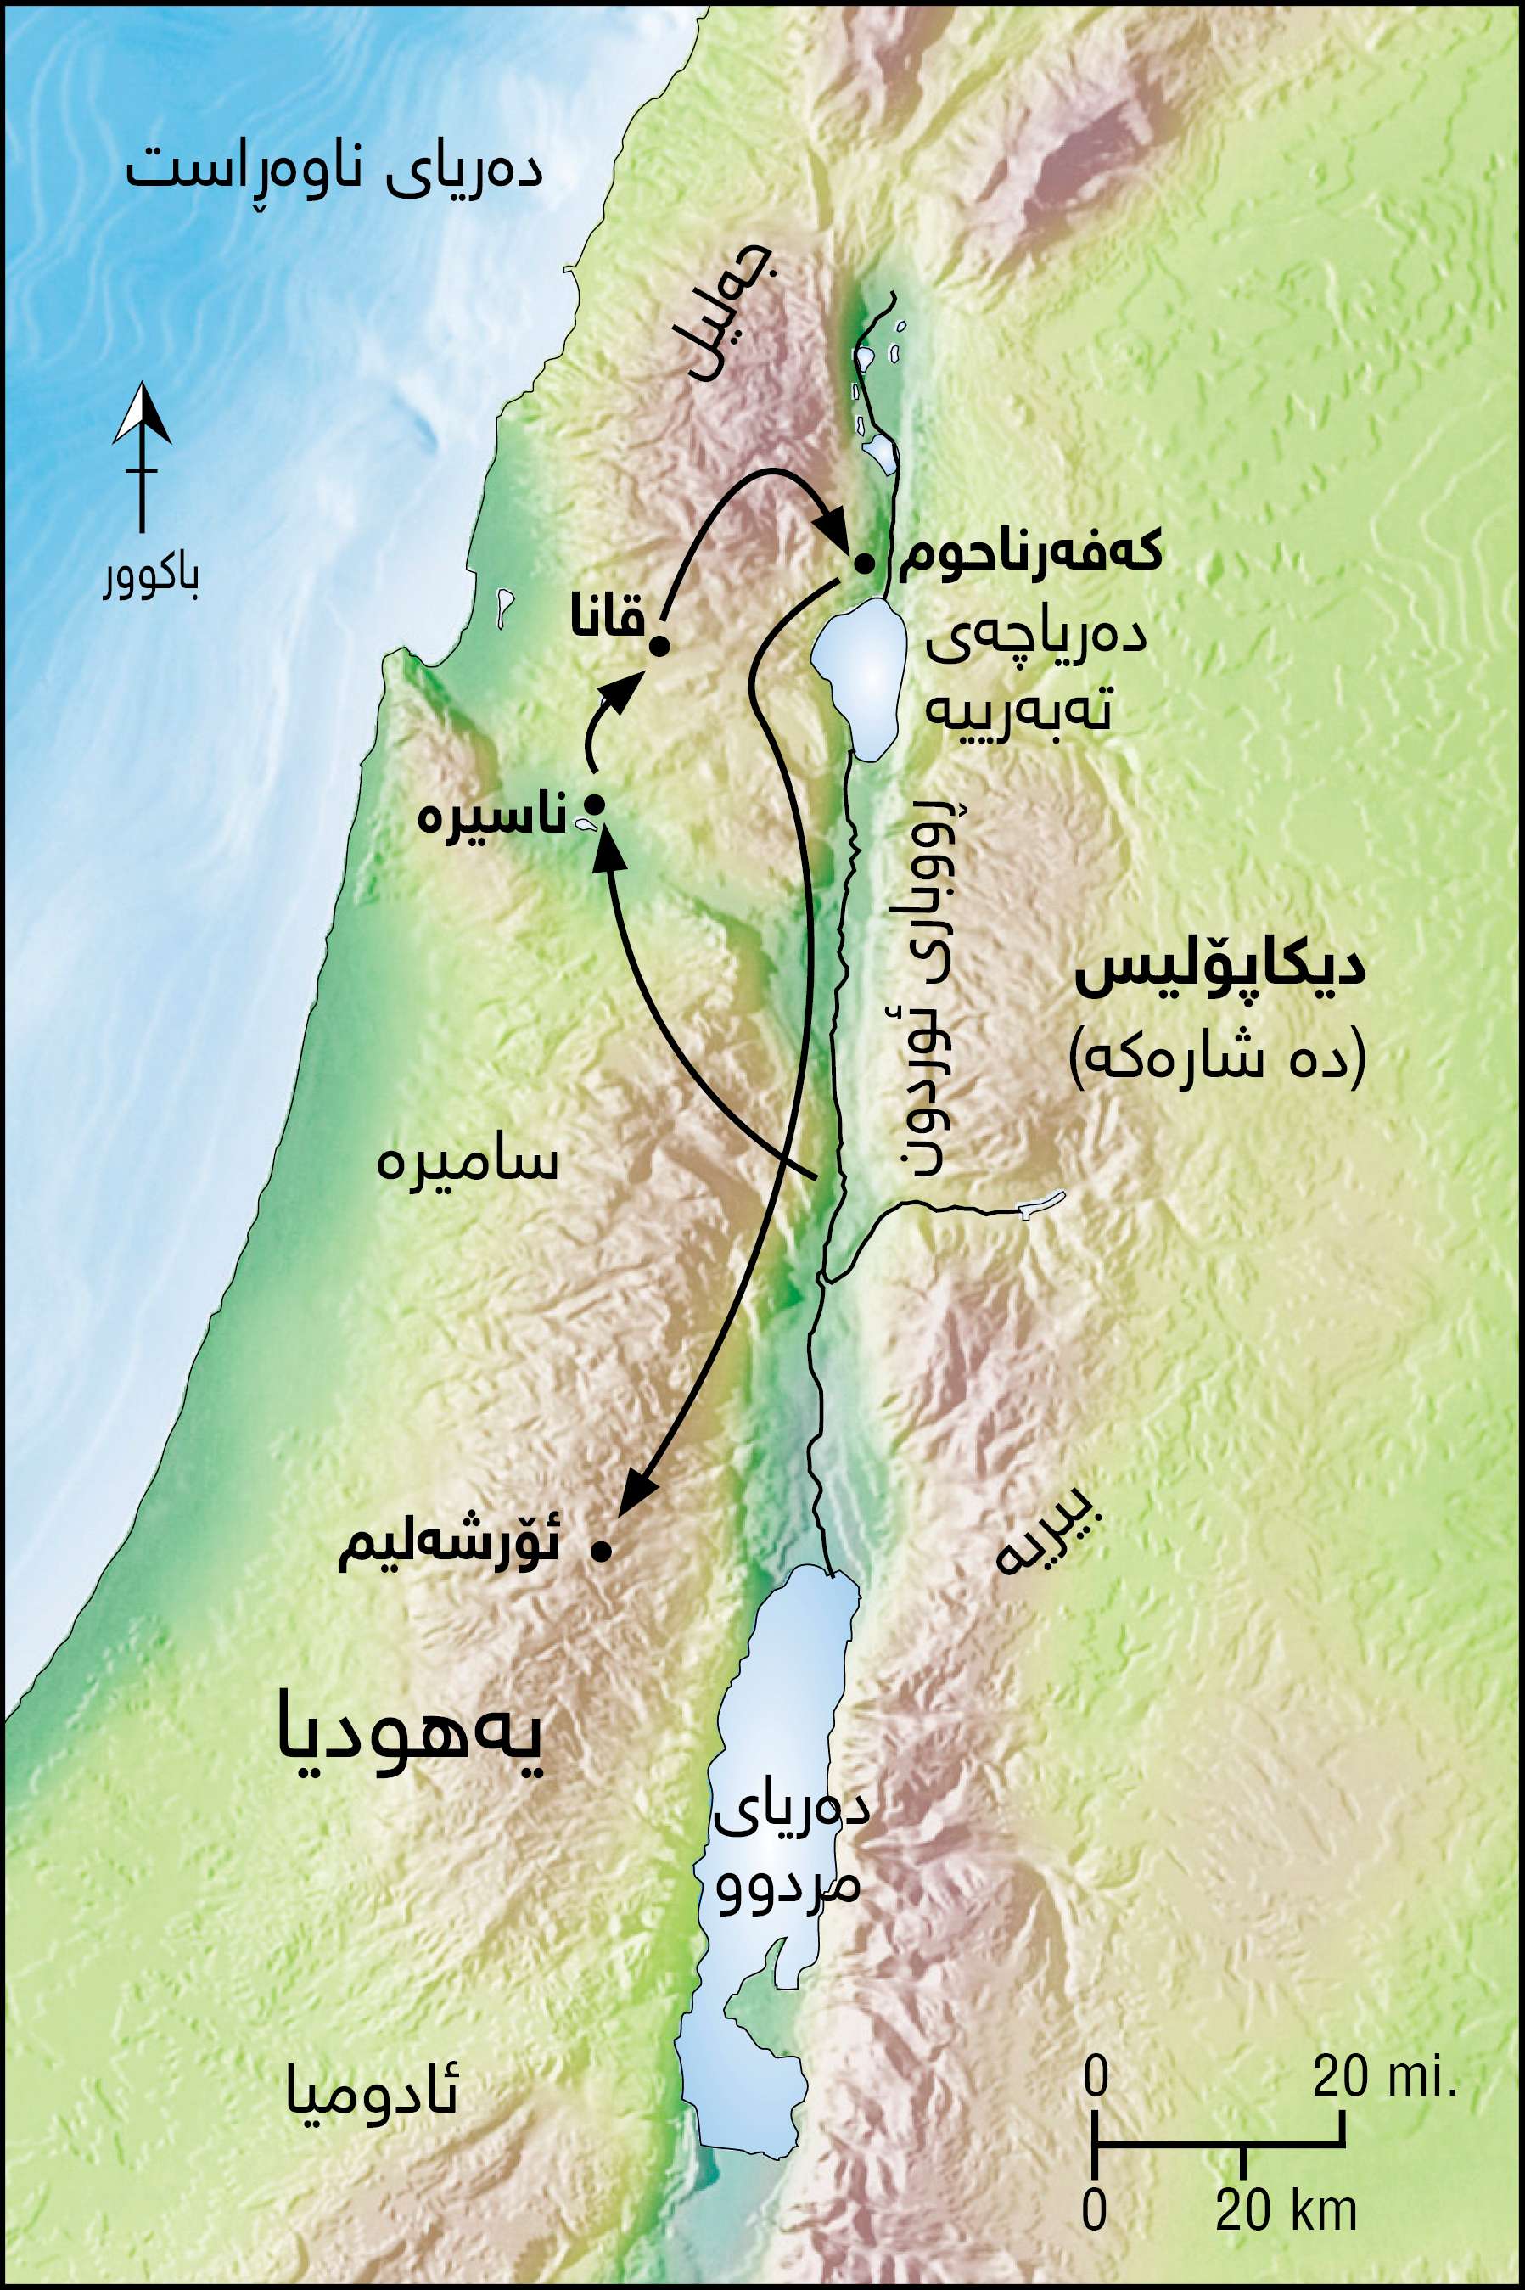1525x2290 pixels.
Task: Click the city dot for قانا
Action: tap(659, 646)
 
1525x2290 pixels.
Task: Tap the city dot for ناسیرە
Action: tap(594, 804)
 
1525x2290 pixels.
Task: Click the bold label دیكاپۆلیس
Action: tap(1219, 974)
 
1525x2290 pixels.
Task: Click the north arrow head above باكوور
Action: tap(142, 414)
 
